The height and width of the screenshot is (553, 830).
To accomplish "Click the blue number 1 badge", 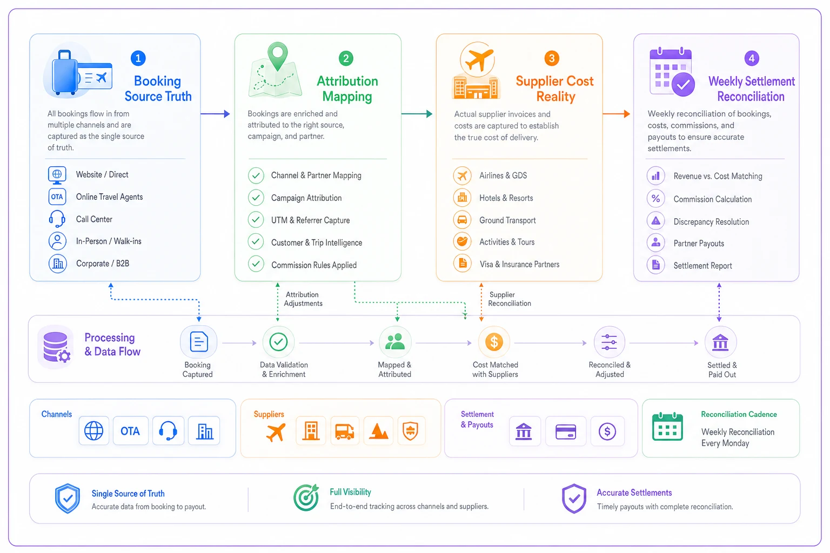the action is pos(138,58).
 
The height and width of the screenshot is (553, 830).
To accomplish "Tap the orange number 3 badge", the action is pos(552,58).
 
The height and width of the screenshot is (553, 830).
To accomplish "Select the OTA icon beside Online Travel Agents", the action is pos(57,197).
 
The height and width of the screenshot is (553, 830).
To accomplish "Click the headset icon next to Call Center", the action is pos(57,219).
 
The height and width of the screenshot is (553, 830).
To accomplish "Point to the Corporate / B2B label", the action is pos(103,264).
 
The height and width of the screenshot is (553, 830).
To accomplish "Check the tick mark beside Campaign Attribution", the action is pos(256,198).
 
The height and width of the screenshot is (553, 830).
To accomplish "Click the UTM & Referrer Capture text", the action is pos(311,220).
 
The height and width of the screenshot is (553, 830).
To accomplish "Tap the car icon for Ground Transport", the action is pos(462,220).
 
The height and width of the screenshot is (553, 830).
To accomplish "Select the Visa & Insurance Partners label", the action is pos(519,264).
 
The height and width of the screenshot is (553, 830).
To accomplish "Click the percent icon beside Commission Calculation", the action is pos(656,199).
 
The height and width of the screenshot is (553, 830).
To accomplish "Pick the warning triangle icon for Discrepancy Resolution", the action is pos(656,221).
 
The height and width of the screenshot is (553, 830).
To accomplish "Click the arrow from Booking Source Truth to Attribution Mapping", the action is pos(215,114).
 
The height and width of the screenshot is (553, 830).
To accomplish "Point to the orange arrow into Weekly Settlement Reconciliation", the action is pos(617,114).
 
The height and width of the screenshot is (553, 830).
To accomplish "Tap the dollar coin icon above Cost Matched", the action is pos(494,342).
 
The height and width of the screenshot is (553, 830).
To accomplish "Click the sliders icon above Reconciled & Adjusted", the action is pos(609,342).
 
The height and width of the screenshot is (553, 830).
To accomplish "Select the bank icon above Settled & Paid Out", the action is pos(720,342).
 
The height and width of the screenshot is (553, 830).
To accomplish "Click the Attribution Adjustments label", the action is pos(303,299).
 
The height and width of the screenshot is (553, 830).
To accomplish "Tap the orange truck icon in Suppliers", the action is pos(345,431).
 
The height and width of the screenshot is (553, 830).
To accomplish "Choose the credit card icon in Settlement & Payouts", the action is pos(566,431).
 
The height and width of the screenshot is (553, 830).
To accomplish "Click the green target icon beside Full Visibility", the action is pos(306,497).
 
